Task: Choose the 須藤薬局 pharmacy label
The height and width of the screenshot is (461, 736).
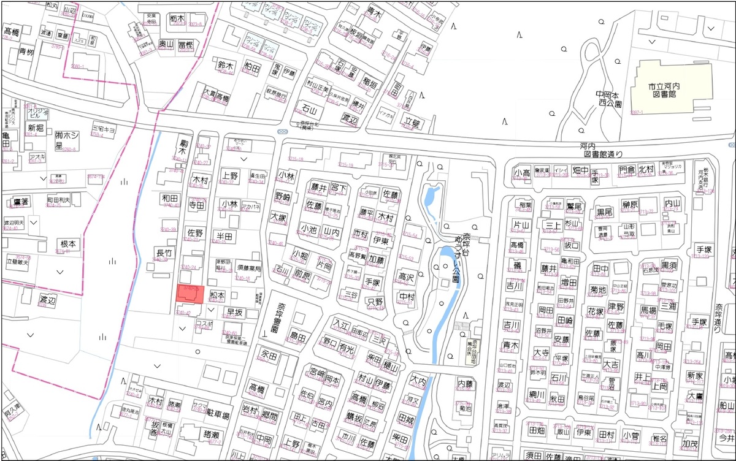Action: pyautogui.click(x=249, y=269)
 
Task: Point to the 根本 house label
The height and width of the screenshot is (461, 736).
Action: pyautogui.click(x=68, y=245)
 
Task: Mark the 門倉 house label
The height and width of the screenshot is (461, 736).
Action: pyautogui.click(x=627, y=170)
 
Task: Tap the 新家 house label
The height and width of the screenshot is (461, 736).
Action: pyautogui.click(x=695, y=375)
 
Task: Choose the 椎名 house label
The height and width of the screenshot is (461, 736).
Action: pyautogui.click(x=660, y=438)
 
